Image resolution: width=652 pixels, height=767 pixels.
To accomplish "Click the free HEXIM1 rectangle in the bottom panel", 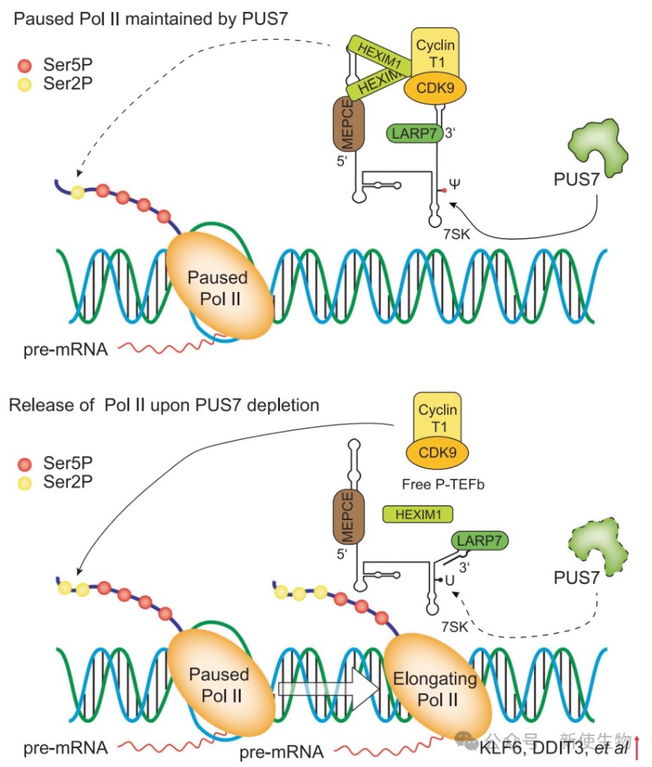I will pos(417,514).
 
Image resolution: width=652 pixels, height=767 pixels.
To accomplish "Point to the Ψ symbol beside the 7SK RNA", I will pos(455,185).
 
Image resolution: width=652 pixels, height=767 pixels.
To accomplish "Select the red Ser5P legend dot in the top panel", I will pos(25,67).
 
